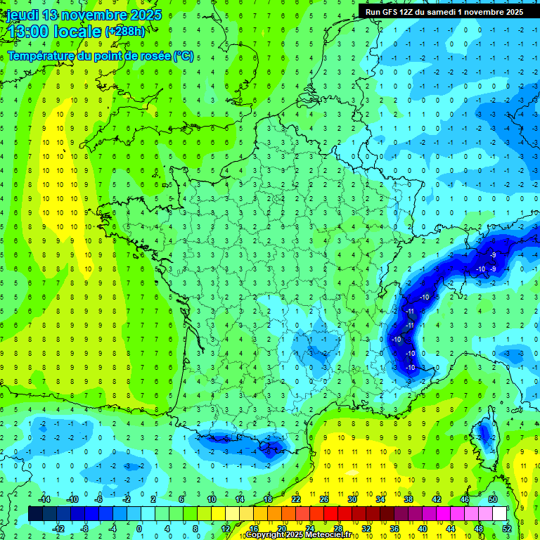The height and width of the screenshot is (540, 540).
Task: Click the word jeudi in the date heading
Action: coord(22,15)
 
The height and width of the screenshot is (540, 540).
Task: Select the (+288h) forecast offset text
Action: coord(124,32)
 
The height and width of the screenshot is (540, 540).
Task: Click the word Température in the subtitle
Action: coord(42,56)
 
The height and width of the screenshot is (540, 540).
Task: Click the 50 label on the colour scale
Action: coord(493,499)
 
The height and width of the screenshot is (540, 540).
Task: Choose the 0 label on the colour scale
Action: coord(139,528)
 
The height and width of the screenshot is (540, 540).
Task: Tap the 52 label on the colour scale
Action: coord(507,528)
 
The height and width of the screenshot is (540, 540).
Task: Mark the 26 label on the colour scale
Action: coord(324,499)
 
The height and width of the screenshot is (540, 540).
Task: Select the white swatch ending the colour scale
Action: coord(500,513)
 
